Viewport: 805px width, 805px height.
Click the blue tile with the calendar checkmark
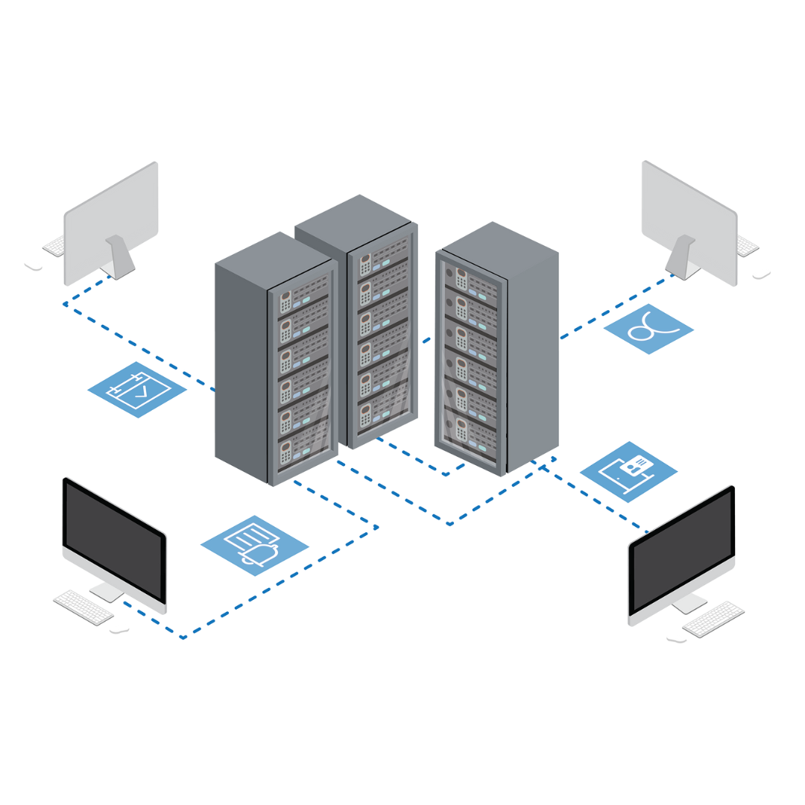click(137, 390)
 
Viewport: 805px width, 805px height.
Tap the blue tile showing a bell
click(255, 545)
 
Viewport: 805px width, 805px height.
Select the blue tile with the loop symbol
click(648, 329)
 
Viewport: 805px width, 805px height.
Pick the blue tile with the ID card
click(628, 471)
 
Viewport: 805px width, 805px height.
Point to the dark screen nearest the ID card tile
click(682, 552)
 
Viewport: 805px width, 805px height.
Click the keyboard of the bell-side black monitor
click(83, 607)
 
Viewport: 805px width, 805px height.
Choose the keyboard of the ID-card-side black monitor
click(713, 619)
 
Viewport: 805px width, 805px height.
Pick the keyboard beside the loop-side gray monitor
click(748, 245)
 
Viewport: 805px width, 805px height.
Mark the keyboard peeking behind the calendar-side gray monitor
click(54, 247)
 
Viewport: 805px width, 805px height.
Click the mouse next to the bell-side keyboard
click(119, 631)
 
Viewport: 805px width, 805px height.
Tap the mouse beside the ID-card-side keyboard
click(676, 640)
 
